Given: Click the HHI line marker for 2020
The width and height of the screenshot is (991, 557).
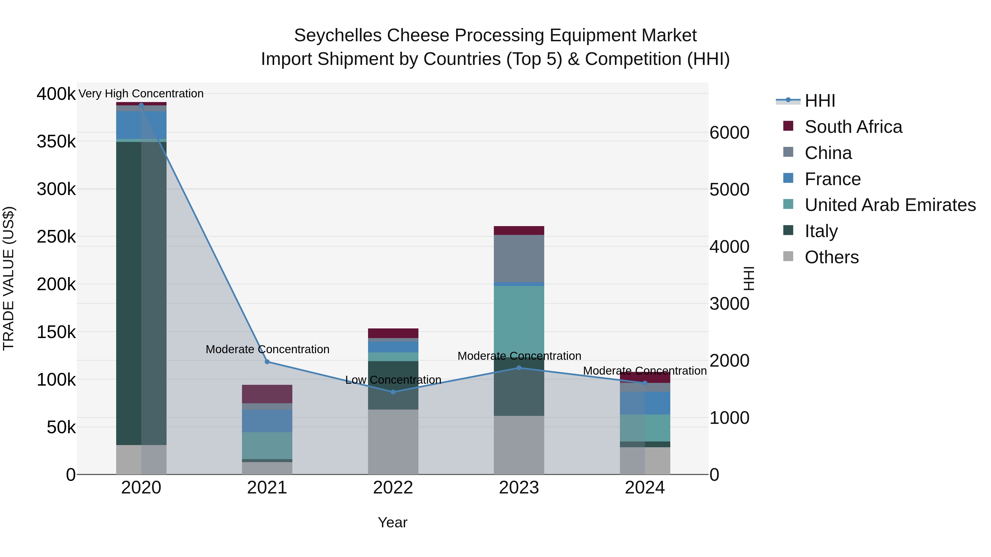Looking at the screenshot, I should tap(141, 105).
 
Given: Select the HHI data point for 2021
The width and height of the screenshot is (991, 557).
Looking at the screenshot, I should tap(267, 362).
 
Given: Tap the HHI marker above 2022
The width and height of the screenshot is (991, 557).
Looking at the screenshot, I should tap(393, 392).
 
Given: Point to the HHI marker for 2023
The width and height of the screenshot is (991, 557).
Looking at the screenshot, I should tap(519, 368).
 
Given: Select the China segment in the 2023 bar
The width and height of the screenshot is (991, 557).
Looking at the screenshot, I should tap(519, 258).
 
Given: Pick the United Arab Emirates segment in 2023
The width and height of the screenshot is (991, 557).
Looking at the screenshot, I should tap(519, 319).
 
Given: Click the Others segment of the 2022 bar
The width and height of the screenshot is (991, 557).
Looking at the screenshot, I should tap(393, 442).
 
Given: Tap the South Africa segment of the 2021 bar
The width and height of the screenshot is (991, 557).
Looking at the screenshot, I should tap(267, 394).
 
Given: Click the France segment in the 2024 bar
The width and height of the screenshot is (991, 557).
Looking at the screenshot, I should tap(645, 403).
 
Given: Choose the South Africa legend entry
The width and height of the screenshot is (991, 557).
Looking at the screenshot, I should tap(853, 127).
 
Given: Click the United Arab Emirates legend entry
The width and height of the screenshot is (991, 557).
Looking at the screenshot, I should tap(889, 205).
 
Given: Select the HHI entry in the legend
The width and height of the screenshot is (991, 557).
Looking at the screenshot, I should tap(820, 101).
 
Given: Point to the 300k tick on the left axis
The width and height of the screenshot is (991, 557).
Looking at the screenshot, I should tap(56, 189).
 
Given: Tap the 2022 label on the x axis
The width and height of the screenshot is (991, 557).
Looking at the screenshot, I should tap(393, 488).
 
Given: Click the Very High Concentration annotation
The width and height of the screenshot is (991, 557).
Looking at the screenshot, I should tap(141, 94).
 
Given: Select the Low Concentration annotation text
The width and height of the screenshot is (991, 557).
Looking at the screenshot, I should tap(393, 380).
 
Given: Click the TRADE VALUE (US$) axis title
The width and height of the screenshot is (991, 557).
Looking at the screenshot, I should tap(9, 278).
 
